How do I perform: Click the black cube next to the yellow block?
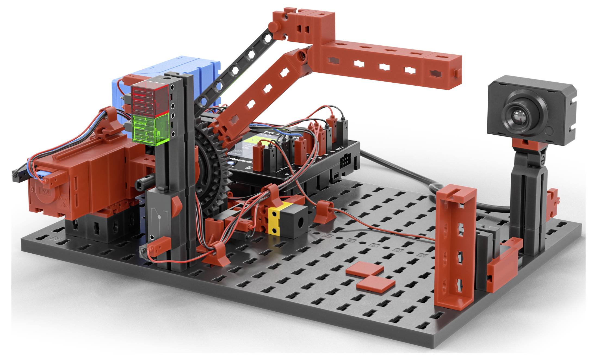(295, 219)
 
